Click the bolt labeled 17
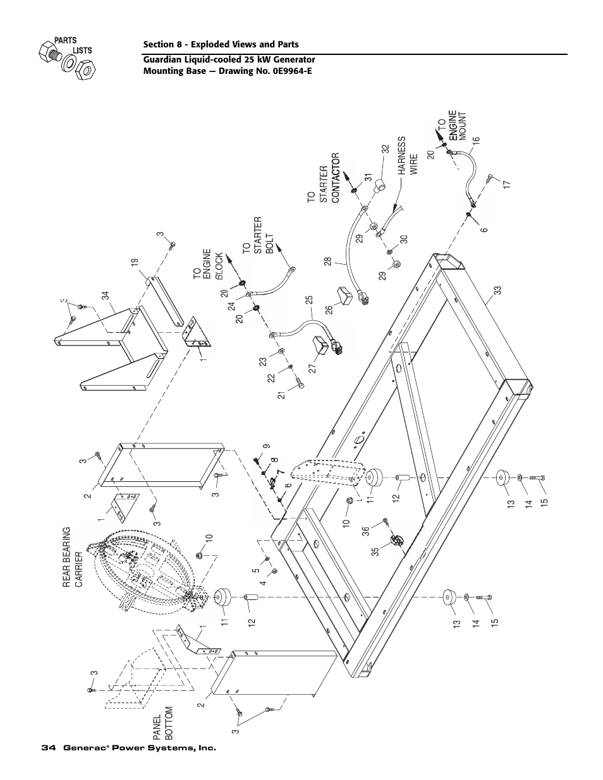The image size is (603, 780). coord(490,179)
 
